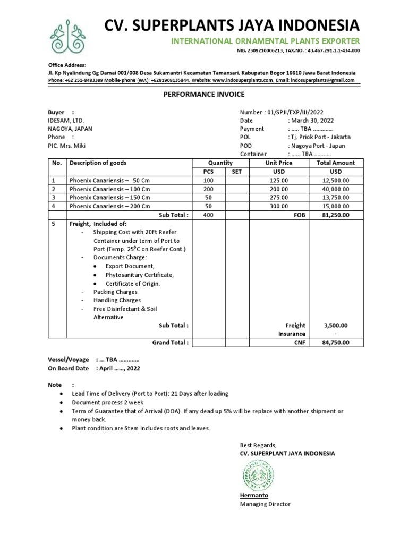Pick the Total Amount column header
pyautogui.click(x=336, y=163)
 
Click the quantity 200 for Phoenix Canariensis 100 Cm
pyautogui.click(x=208, y=189)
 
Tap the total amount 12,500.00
pyautogui.click(x=336, y=181)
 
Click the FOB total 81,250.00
pyautogui.click(x=336, y=215)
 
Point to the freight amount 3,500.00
pyautogui.click(x=336, y=325)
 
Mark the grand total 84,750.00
pyautogui.click(x=336, y=343)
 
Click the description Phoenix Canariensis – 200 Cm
pyautogui.click(x=109, y=206)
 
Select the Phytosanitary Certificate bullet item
pyautogui.click(x=140, y=275)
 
